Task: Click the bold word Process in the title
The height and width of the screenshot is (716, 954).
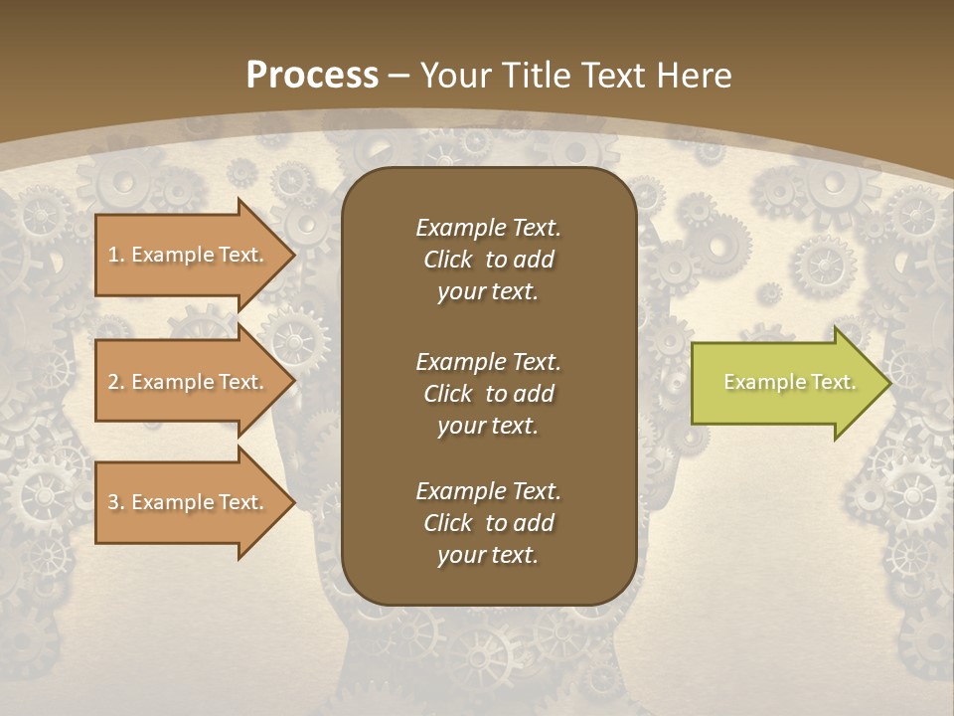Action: click(x=312, y=76)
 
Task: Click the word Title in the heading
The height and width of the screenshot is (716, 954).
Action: click(x=534, y=76)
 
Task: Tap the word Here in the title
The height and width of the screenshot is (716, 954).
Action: click(x=693, y=76)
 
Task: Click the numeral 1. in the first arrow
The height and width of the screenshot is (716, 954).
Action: click(x=115, y=255)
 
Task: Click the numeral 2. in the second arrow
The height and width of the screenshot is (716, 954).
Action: click(x=115, y=382)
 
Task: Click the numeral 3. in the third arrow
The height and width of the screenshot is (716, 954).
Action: click(x=115, y=502)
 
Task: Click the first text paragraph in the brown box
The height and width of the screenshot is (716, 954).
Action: click(x=488, y=260)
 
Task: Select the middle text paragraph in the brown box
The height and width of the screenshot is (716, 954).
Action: click(x=488, y=393)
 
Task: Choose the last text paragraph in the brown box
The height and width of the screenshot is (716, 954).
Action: click(x=488, y=523)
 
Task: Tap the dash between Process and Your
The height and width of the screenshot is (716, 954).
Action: click(x=399, y=76)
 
